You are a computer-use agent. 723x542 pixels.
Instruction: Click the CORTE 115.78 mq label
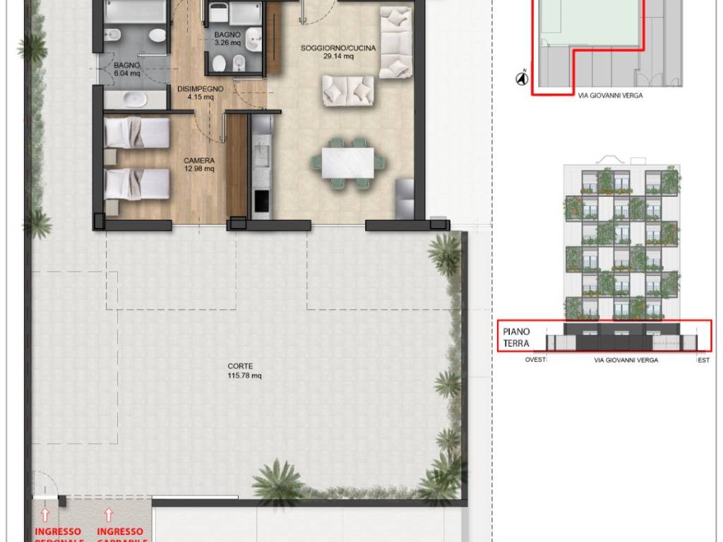pos(244,371)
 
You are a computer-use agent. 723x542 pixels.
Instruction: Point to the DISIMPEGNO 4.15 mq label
pos(201,93)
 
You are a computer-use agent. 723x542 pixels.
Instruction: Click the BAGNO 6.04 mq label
pos(127,68)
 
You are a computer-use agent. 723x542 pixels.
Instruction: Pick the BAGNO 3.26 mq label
pos(228,38)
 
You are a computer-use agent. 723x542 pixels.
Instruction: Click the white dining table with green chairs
pos(347,162)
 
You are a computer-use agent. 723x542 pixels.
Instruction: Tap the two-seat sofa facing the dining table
pos(348,90)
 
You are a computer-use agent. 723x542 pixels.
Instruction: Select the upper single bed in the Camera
pos(137,133)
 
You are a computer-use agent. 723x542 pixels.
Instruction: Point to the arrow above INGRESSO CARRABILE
pos(108,514)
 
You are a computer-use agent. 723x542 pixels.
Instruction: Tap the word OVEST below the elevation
pos(535,360)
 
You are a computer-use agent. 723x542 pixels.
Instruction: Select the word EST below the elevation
pos(703,360)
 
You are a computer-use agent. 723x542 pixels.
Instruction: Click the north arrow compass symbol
pos(522,78)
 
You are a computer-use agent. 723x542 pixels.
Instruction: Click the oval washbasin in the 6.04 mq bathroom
pos(132,98)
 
